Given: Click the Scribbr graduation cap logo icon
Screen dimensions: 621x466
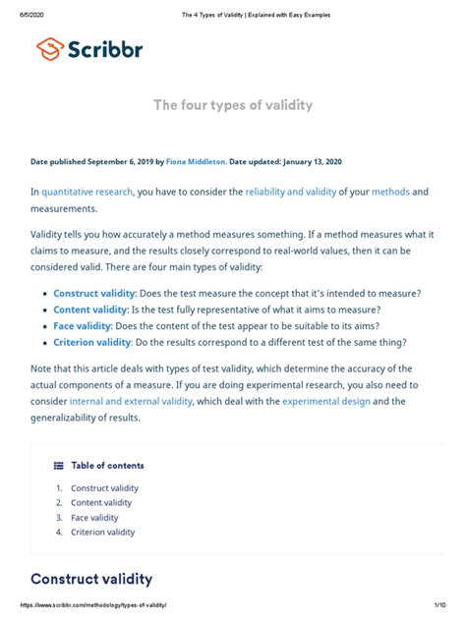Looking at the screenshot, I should coord(50,47).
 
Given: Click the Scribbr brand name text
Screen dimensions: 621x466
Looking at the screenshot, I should coord(107,48).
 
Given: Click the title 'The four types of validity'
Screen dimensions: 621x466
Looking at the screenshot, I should coord(232,105).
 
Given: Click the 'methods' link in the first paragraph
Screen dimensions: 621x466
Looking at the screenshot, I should coord(390,192).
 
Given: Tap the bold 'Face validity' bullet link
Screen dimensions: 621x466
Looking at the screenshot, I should coord(82,326).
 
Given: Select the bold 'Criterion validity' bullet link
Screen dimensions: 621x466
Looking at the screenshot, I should coord(91,342).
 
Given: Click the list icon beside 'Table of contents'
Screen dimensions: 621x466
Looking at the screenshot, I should coord(58,466).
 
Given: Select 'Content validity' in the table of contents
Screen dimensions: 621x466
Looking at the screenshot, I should coord(101,502).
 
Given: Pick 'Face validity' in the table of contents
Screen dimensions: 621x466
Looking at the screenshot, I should coord(94,517).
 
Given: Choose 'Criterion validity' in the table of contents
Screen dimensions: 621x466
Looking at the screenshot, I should coord(103,532).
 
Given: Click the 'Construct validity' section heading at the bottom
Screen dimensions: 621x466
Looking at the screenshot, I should coord(91,579).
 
